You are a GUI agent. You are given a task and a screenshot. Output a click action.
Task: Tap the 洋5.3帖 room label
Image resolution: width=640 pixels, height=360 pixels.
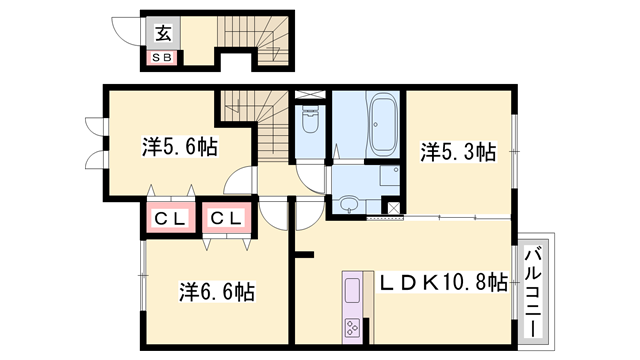458,152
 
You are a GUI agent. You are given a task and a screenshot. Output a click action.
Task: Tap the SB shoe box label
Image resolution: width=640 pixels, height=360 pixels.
161,57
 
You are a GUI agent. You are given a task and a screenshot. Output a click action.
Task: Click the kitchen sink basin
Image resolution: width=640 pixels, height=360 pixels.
354,292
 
